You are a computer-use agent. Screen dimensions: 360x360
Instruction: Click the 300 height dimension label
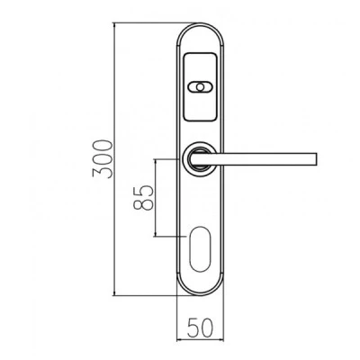click(103, 159)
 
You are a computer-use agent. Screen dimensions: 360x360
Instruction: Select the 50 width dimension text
click(200, 327)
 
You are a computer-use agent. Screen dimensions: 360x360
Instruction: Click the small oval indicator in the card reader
click(200, 87)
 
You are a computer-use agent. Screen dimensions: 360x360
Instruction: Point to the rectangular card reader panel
click(200, 87)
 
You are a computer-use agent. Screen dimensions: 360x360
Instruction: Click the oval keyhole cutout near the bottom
click(200, 249)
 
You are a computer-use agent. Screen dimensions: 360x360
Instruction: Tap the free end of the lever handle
click(316, 159)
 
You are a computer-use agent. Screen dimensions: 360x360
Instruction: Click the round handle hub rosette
click(200, 159)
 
